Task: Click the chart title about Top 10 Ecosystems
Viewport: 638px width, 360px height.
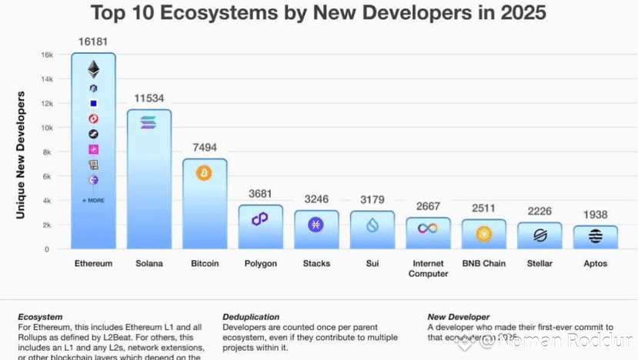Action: point(319,13)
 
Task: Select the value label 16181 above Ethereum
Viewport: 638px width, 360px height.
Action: point(93,41)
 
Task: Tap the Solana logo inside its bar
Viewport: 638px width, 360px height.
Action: point(149,122)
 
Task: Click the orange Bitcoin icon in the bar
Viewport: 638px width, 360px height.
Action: point(204,173)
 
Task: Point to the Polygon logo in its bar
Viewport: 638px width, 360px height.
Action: point(260,219)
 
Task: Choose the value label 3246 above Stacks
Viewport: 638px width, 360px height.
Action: point(316,199)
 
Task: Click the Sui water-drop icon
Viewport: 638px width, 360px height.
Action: point(372,225)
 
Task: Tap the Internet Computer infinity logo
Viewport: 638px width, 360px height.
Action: point(428,228)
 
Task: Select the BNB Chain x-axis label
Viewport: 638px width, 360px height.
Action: point(483,264)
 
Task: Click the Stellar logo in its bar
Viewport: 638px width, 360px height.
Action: point(540,235)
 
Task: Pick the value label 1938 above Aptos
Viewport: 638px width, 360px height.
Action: point(596,215)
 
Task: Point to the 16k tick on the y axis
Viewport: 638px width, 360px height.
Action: point(47,55)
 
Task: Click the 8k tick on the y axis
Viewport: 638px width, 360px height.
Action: point(47,152)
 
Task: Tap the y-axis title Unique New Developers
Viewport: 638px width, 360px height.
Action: point(21,154)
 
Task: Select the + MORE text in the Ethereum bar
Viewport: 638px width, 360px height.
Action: point(93,200)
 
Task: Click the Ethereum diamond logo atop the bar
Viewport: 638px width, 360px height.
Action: point(93,69)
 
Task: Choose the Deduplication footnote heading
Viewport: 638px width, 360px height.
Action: point(250,317)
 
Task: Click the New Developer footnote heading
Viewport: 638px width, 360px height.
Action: point(458,317)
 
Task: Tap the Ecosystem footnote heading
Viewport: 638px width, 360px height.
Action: point(40,317)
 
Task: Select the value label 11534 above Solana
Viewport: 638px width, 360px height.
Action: point(149,98)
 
